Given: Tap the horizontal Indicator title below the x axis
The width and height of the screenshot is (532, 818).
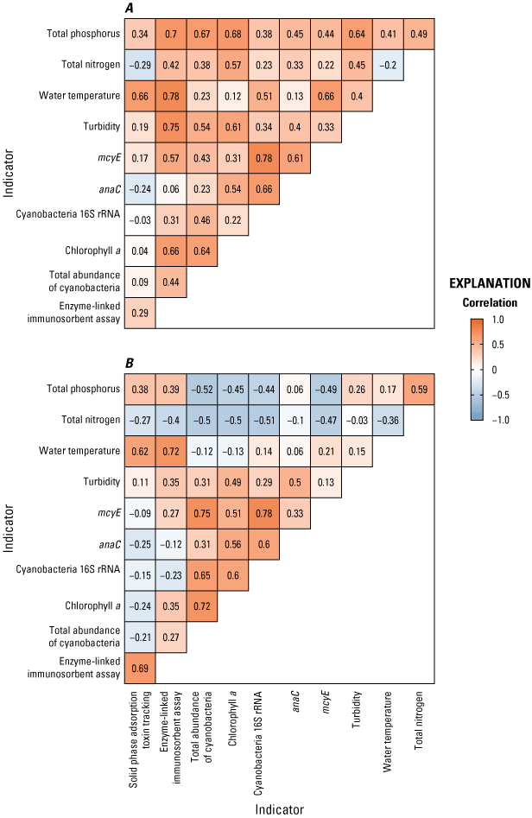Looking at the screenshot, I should (279, 808).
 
